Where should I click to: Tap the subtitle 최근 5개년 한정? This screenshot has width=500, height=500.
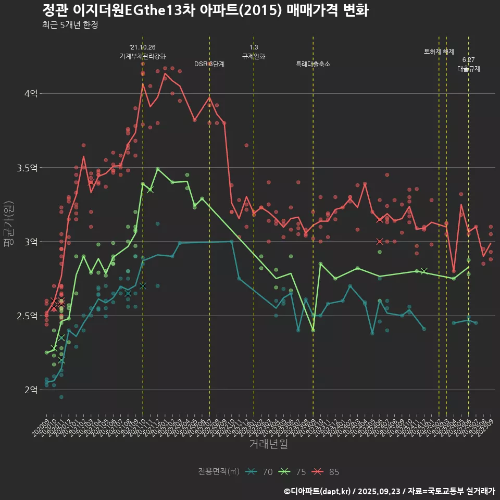coord(70,25)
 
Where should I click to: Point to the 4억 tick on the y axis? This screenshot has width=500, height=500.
coord(31,94)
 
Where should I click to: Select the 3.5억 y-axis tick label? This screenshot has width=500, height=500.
coord(28,168)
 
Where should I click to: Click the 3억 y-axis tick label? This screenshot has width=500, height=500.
coord(31,242)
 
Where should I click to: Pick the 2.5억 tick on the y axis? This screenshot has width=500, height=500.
coord(28,316)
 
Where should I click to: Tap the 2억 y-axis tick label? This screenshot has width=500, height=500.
coord(31,390)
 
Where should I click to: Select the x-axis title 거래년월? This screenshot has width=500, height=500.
coord(268,444)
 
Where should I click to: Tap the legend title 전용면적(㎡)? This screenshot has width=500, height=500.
coord(219,472)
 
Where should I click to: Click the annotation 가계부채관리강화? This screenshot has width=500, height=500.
coord(143,56)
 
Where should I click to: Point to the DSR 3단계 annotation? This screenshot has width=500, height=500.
coord(209,64)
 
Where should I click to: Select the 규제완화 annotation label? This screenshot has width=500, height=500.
coord(254,56)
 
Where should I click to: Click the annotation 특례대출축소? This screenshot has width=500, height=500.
coord(313,64)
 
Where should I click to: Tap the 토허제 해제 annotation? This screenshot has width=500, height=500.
coord(439,52)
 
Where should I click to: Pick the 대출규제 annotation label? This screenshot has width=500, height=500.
coord(469,68)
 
